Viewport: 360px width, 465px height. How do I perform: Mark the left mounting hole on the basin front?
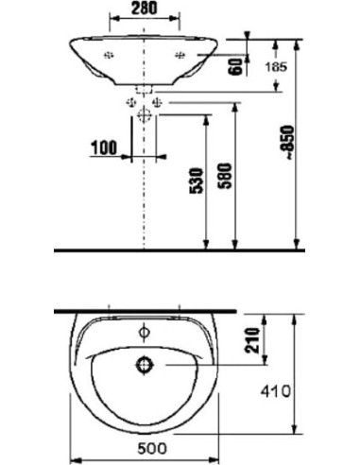point(109,54)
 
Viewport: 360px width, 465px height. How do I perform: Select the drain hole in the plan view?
point(145,363)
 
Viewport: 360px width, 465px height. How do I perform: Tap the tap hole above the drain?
point(144,333)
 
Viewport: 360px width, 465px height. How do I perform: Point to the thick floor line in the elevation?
point(180,250)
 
